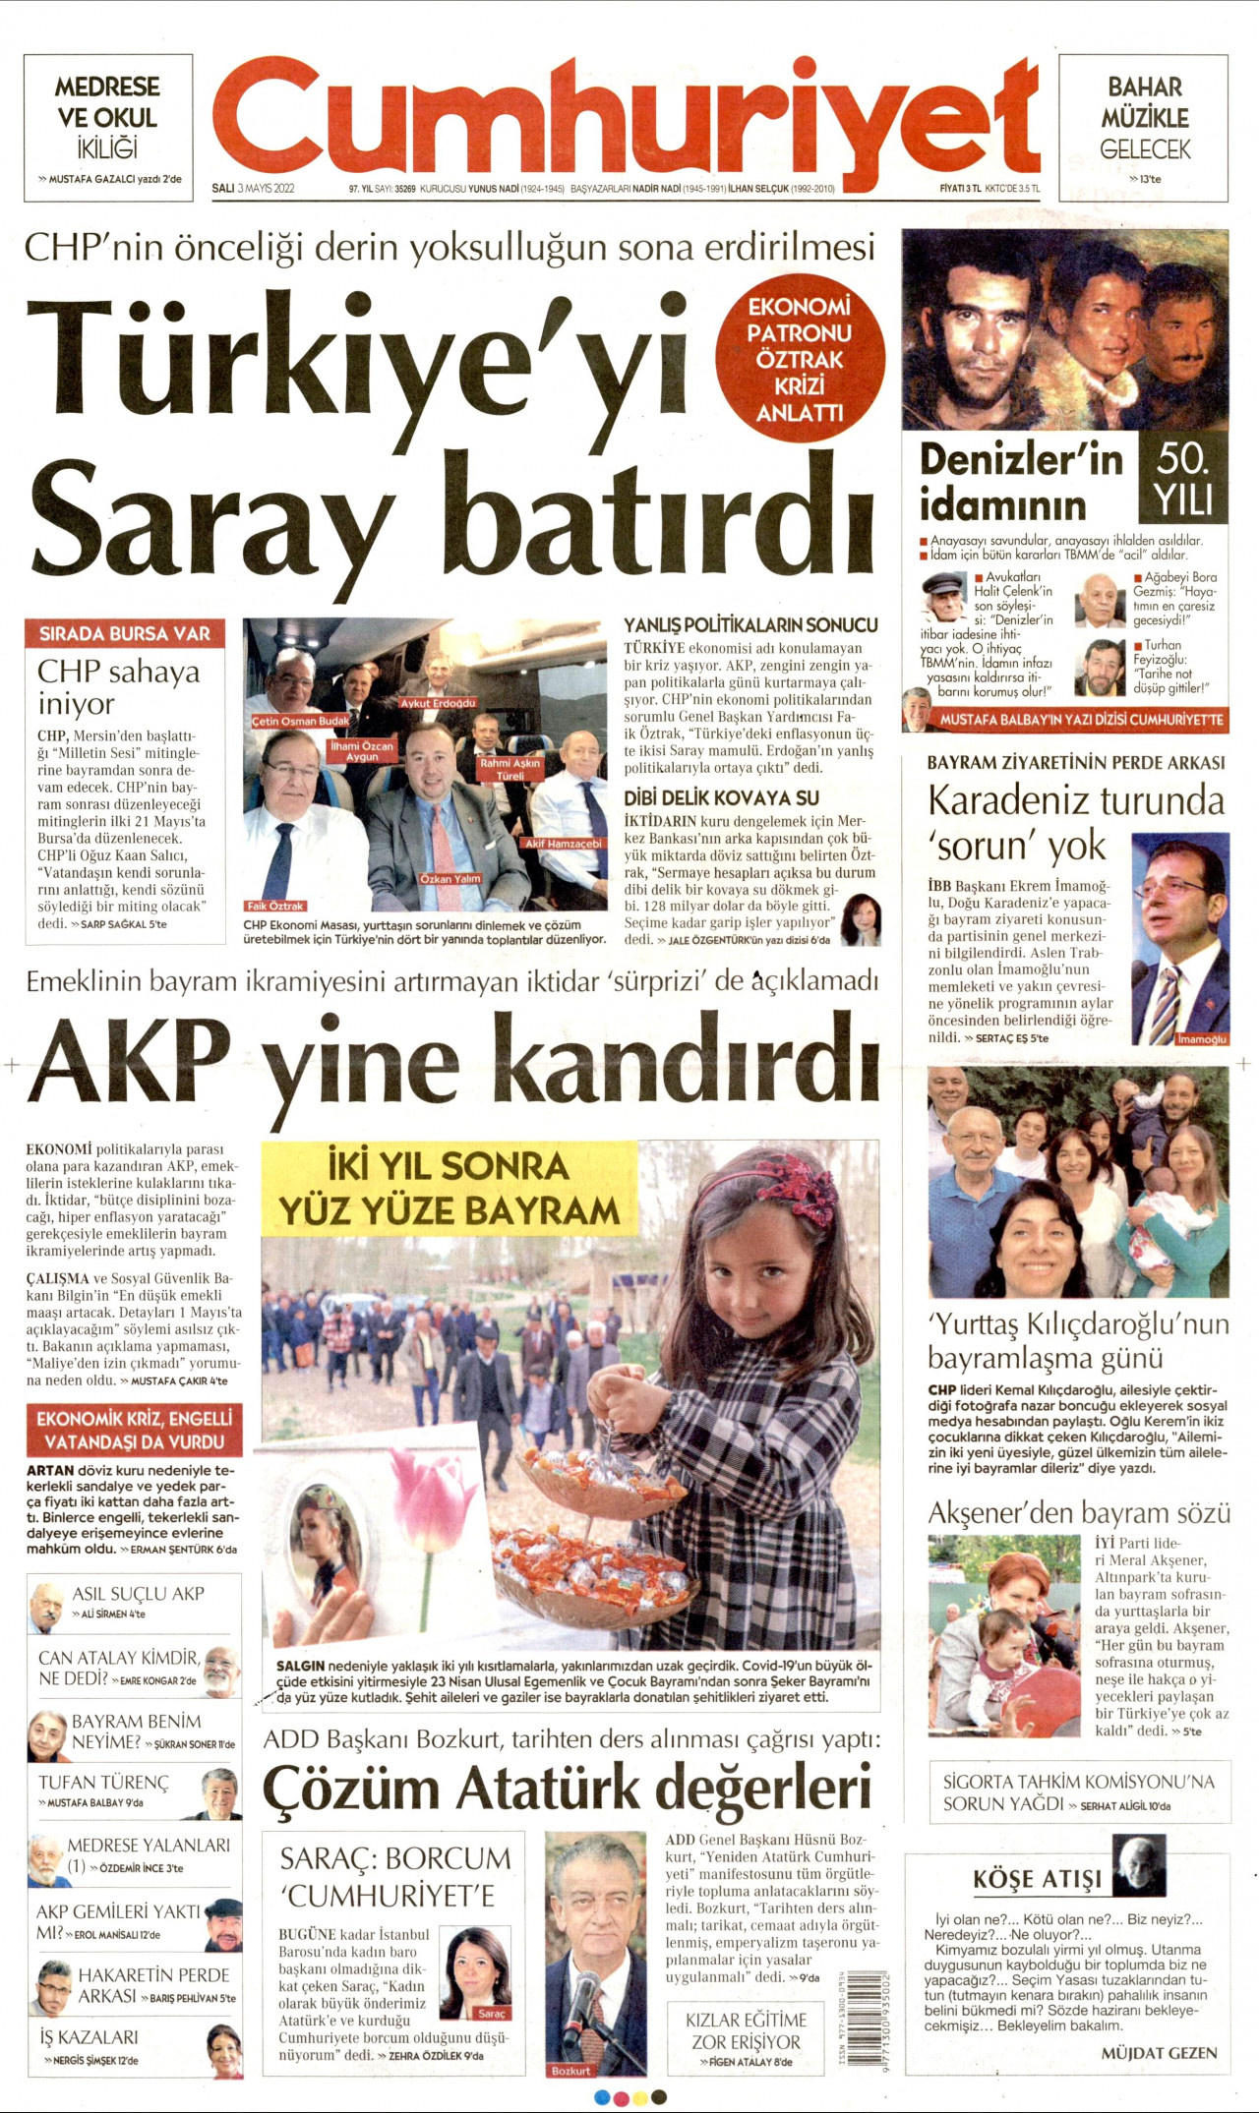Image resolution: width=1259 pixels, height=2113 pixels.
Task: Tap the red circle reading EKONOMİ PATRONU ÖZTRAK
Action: [800, 359]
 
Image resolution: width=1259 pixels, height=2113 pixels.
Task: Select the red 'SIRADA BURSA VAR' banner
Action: [125, 634]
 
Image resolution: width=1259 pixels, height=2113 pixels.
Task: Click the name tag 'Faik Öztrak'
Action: [275, 906]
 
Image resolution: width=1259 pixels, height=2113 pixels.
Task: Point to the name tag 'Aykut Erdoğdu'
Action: [438, 703]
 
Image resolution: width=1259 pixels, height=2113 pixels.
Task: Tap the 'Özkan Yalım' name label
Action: [450, 878]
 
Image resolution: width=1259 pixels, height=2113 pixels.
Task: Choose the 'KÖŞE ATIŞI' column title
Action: [1037, 1879]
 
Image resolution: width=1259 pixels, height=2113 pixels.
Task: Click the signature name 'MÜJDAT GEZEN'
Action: [1159, 2052]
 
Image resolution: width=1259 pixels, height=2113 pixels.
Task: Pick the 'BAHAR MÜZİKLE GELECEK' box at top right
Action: [1144, 128]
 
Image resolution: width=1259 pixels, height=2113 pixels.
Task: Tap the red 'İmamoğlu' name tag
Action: [1202, 1039]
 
